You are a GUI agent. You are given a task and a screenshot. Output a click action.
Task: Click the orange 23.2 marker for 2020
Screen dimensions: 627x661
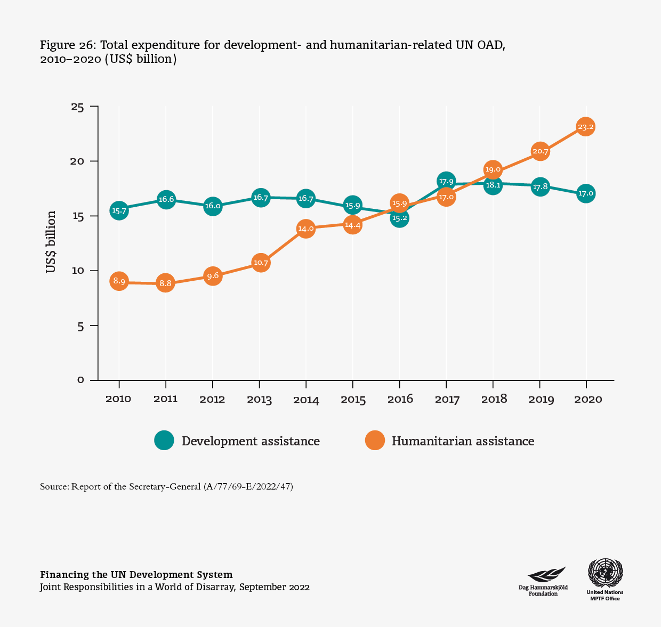[585, 127]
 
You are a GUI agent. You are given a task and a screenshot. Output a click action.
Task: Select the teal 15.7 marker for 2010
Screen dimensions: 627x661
[119, 211]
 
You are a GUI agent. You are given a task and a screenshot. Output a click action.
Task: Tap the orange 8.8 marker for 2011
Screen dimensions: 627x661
[166, 283]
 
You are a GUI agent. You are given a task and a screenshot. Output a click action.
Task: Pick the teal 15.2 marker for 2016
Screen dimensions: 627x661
[399, 217]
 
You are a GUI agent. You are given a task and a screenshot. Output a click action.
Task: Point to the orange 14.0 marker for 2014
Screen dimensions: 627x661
[305, 229]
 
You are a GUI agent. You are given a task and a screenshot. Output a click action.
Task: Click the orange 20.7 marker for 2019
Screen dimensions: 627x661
[539, 152]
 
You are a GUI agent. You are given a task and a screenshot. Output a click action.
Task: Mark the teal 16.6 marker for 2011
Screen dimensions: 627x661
[166, 200]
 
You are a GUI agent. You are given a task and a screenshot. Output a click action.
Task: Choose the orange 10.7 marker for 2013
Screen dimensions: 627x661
[260, 263]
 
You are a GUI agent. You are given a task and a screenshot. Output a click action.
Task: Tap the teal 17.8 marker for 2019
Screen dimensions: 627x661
[539, 187]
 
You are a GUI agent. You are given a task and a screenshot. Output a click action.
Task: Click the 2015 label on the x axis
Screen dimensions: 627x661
[352, 400]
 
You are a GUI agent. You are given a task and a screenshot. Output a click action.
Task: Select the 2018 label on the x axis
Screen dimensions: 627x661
[493, 400]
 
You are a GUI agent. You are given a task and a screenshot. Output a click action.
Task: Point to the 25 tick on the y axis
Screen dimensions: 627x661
[78, 107]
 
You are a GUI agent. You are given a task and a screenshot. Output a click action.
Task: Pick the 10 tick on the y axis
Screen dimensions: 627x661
[78, 271]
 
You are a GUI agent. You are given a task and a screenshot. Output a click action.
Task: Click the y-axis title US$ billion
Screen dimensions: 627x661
[51, 242]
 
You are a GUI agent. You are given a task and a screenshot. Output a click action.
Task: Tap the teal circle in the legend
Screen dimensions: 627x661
[164, 441]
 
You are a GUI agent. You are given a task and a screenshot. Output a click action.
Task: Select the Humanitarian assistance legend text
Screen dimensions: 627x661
[463, 441]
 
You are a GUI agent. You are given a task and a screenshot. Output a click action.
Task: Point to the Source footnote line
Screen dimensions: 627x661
[166, 487]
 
